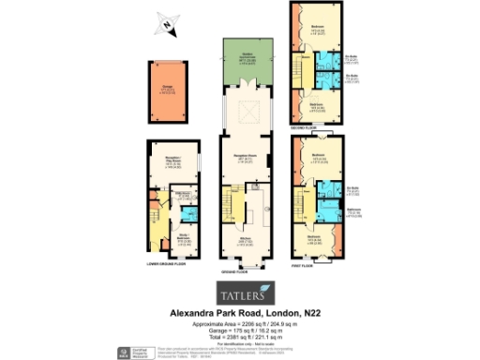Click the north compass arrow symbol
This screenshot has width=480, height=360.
165,25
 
